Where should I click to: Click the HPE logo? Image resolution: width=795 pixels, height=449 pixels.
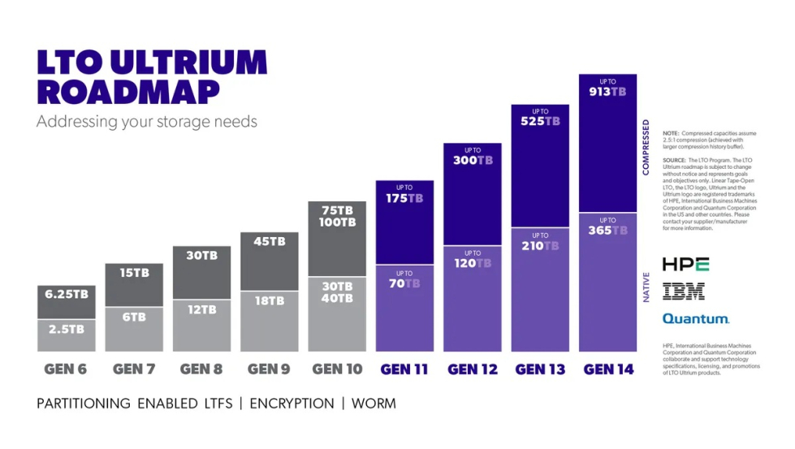coord(685,265)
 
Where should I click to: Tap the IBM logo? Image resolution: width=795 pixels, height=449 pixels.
coord(683,291)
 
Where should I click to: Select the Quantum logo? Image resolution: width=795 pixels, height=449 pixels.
coord(695,319)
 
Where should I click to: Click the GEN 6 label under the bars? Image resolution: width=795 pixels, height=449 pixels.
coord(66,369)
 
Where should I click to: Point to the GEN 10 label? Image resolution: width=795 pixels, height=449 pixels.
coord(337,369)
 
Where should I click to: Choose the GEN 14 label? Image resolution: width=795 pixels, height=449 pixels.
coord(608,369)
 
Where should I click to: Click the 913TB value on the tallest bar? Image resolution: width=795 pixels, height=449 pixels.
coord(607,92)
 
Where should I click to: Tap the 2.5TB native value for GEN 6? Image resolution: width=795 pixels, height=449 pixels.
coord(66,330)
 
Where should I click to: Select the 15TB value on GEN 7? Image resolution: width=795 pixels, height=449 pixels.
coord(134,274)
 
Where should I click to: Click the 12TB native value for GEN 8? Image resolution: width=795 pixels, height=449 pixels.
coord(201,309)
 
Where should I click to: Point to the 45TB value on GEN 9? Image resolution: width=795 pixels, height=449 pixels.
coord(270,242)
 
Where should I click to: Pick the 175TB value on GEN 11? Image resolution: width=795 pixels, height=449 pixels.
coord(404,198)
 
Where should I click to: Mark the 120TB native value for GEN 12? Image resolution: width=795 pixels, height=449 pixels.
coord(472,263)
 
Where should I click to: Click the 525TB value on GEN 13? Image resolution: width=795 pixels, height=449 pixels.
coord(540,122)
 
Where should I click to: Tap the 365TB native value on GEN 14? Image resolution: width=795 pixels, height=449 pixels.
coord(607,231)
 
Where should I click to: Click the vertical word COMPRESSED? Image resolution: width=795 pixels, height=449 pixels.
coord(646,147)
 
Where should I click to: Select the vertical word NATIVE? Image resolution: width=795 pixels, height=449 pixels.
coord(646,287)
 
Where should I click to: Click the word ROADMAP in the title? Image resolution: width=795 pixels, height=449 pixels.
coord(127,92)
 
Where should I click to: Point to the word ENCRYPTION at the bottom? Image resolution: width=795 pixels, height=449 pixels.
coord(292,404)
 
